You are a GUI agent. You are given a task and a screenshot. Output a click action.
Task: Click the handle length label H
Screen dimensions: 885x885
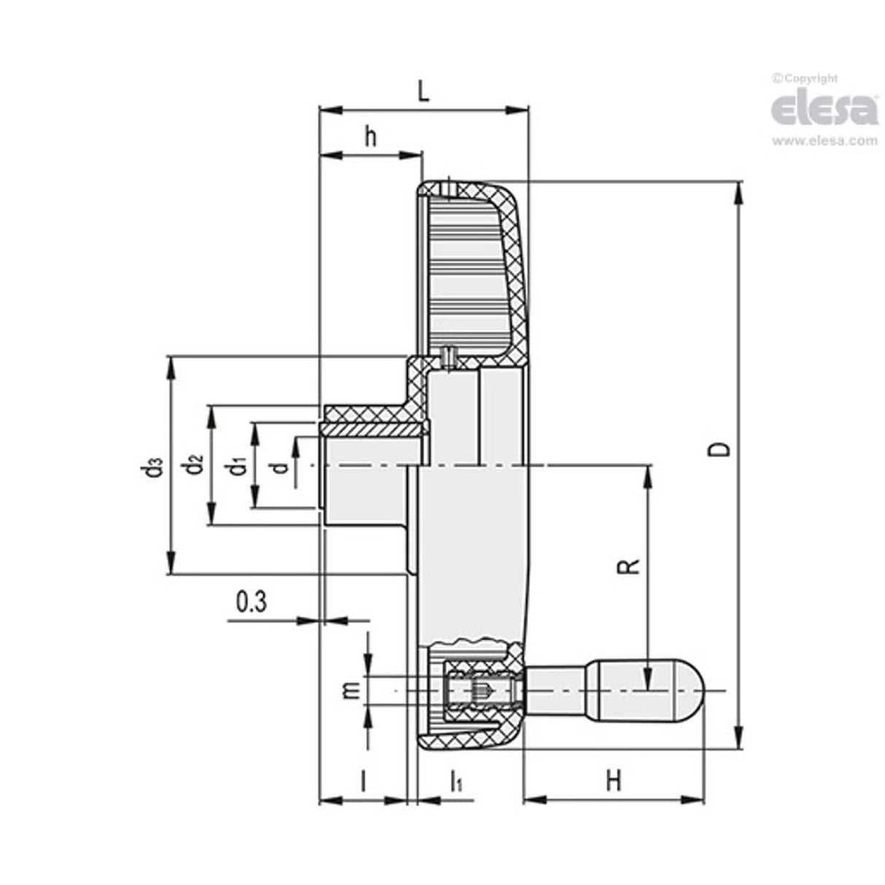click(x=614, y=781)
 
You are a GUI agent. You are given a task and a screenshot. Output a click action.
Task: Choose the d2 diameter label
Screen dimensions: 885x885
click(x=194, y=464)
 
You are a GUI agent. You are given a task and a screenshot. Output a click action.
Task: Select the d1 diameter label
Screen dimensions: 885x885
click(x=236, y=465)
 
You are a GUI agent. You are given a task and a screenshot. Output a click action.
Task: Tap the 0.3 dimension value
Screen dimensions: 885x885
click(x=252, y=602)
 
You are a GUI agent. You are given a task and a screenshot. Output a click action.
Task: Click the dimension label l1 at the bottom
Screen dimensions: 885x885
click(x=456, y=782)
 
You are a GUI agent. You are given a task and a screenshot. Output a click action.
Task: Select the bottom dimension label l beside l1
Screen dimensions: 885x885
click(x=363, y=781)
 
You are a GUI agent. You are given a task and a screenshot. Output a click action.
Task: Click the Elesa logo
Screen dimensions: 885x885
click(x=824, y=109)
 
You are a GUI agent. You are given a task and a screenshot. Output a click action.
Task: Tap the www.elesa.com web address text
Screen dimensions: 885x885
click(x=824, y=141)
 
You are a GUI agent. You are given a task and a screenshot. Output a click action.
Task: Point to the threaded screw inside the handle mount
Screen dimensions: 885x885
click(x=481, y=690)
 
